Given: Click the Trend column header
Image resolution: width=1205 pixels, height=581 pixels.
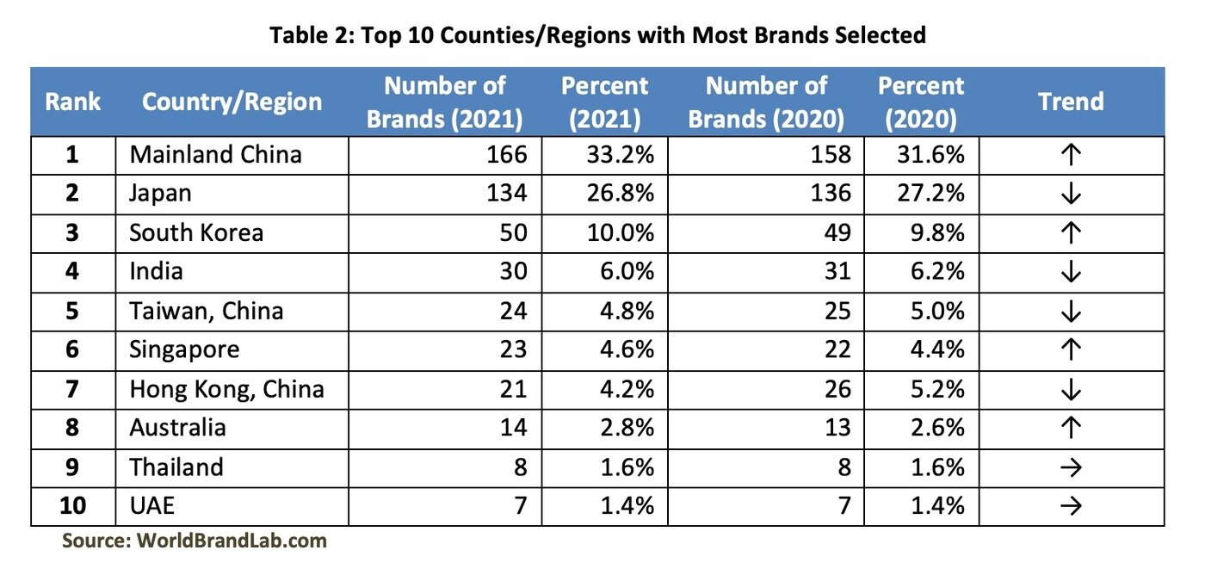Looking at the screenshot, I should pos(1070,102).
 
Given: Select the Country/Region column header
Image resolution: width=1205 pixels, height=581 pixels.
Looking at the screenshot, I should pos(232,102).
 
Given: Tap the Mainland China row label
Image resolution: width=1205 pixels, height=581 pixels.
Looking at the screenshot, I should pos(215,155).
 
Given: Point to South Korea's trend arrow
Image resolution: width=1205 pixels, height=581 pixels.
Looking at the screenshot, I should pos(1071,232).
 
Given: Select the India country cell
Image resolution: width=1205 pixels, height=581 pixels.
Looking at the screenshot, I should pos(157,272).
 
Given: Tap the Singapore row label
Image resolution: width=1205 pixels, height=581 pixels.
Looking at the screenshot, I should pos(184,349).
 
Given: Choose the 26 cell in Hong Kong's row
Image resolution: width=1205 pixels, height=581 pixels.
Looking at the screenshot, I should pos(837,389).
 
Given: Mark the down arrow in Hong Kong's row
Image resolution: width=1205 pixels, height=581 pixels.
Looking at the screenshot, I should pos(1071,389).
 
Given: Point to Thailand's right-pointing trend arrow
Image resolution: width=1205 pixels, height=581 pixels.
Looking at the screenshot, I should pos(1071,467).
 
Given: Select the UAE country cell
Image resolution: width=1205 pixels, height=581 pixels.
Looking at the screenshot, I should pos(151,506).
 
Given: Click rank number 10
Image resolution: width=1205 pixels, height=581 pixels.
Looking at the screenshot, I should pos(73,506).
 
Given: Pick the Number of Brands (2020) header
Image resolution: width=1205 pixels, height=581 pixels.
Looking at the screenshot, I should pos(766,102).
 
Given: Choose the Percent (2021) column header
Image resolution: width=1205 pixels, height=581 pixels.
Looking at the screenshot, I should pos(604,102).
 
